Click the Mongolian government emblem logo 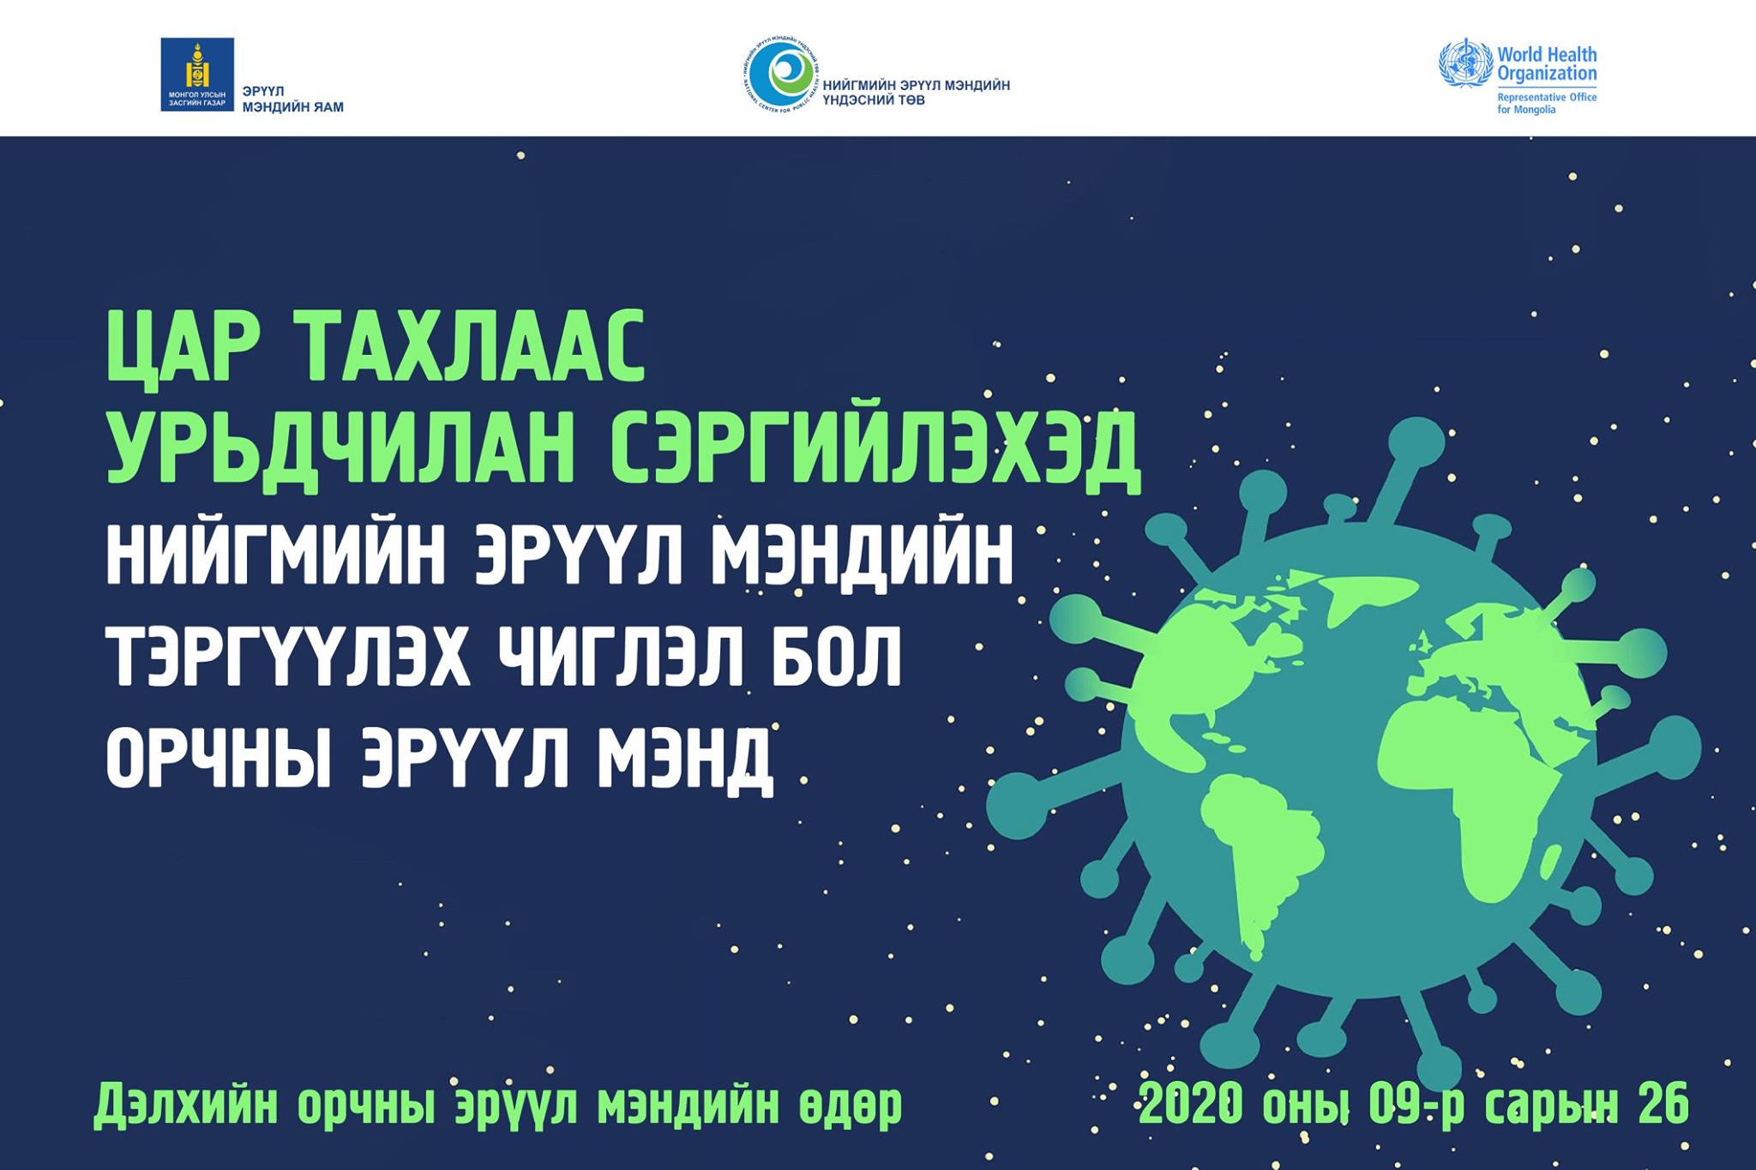tap(197, 75)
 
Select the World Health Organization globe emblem tap(1465, 63)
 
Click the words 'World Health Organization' tap(1547, 63)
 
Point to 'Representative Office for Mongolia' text tap(1547, 104)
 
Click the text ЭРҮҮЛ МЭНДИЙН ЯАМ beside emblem tap(293, 99)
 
